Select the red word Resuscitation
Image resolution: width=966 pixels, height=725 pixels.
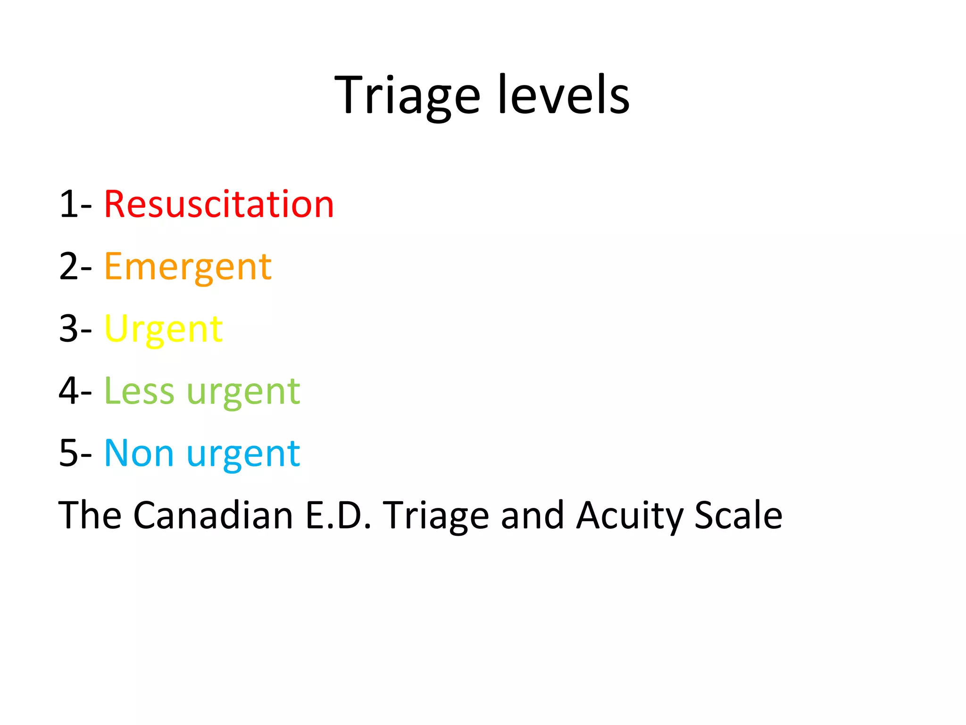pos(219,204)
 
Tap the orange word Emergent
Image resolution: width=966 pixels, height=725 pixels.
pos(188,267)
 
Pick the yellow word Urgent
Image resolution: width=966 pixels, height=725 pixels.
pos(163,329)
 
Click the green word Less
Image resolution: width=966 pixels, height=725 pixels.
pos(139,391)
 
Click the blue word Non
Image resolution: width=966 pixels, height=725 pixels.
pos(139,454)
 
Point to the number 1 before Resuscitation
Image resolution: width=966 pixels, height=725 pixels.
pos(68,204)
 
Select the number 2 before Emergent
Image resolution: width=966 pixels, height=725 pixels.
pos(69,267)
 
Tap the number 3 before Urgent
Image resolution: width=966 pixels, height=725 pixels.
pos(69,329)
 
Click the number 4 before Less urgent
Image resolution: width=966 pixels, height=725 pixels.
pos(69,391)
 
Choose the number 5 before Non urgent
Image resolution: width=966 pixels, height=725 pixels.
pos(69,454)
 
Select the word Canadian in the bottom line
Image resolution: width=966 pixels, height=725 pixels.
pos(213,515)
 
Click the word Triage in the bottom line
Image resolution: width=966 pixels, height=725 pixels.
pos(435,516)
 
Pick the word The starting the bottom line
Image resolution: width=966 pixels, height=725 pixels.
pos(90,515)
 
